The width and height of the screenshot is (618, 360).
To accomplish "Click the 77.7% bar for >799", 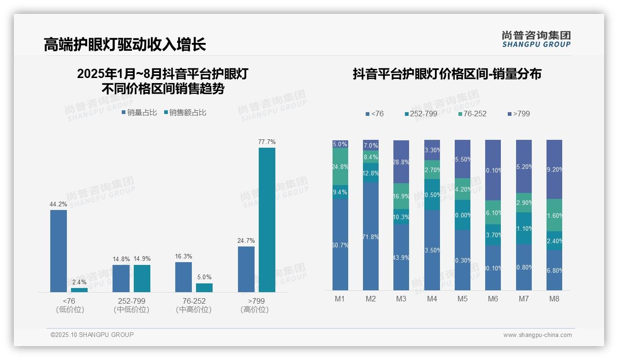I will pyautogui.click(x=267, y=220).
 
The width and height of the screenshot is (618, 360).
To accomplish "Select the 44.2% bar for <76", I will pyautogui.click(x=59, y=251).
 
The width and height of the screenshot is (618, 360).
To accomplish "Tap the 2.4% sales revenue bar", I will pyautogui.click(x=79, y=290).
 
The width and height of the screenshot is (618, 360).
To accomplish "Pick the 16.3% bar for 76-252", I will pyautogui.click(x=184, y=277).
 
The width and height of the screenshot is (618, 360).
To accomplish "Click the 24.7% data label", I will pyautogui.click(x=246, y=240).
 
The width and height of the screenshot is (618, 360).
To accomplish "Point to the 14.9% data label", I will pyautogui.click(x=142, y=258).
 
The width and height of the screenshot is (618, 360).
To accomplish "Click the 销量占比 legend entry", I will pyautogui.click(x=139, y=112).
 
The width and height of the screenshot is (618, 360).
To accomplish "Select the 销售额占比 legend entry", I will pyautogui.click(x=185, y=112).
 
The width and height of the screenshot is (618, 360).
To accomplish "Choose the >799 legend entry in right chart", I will pyautogui.click(x=518, y=114).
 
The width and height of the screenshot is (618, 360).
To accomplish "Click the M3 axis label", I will pyautogui.click(x=401, y=299).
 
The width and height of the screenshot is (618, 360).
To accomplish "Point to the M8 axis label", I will pyautogui.click(x=554, y=299).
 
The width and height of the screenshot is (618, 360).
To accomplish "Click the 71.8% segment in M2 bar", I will pyautogui.click(x=371, y=236).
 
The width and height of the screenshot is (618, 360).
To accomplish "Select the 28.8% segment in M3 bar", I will pyautogui.click(x=401, y=162).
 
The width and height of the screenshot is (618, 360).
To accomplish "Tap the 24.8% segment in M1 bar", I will pyautogui.click(x=340, y=166).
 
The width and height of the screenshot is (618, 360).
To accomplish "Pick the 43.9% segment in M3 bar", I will pyautogui.click(x=401, y=257).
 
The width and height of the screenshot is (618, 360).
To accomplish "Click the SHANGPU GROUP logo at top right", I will pyautogui.click(x=536, y=39).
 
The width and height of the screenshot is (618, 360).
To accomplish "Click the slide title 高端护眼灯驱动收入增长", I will pyautogui.click(x=125, y=44).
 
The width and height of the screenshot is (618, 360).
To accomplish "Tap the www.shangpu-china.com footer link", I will pyautogui.click(x=537, y=335).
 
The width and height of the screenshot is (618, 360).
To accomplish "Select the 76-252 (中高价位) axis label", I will pyautogui.click(x=194, y=305).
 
